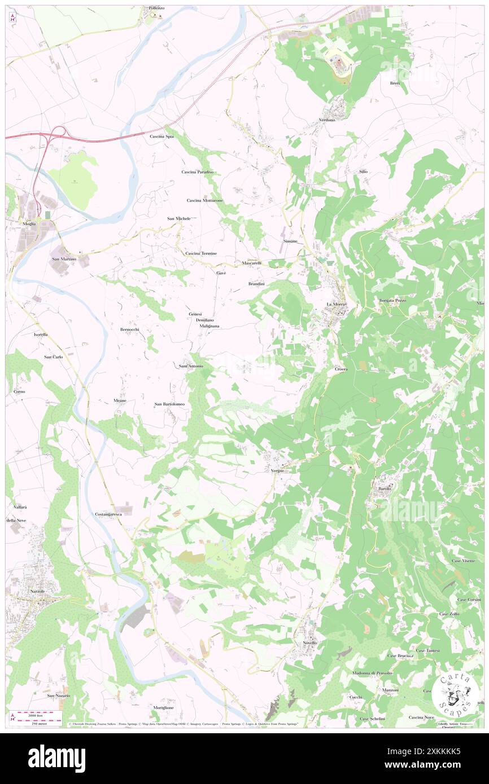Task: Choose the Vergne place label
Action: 277,470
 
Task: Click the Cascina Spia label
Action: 161,136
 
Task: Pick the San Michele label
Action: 178,218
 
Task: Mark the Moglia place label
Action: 29,223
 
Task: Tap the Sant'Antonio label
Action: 191,367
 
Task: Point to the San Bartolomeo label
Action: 170,404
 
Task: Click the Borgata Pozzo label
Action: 393,301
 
